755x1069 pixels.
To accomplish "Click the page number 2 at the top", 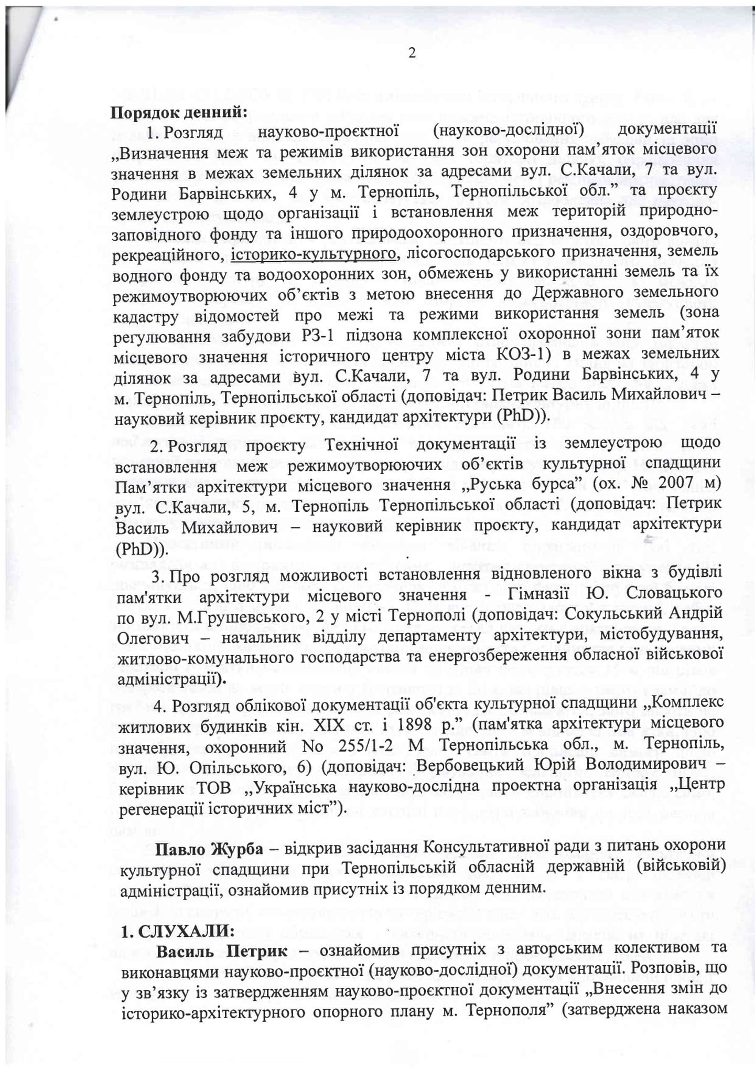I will (412, 53).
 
